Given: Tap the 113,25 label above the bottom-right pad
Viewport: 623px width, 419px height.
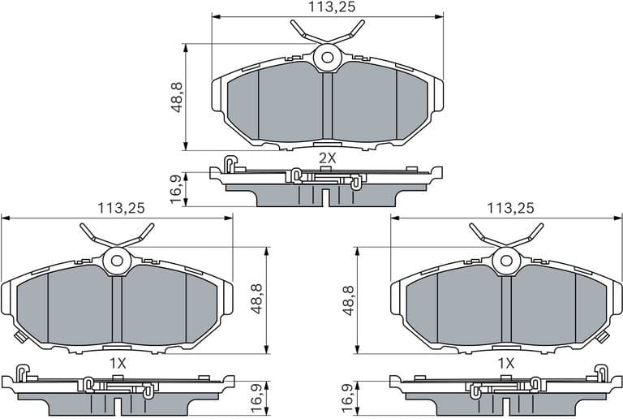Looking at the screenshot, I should coord(510,208).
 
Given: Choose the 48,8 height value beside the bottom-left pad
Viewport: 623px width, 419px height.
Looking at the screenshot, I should coord(256,298).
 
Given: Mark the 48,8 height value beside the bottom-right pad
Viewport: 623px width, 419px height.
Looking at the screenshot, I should coord(349,298).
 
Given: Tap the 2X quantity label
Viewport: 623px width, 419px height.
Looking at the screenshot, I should coord(327,158).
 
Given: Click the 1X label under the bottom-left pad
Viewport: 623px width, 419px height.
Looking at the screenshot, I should coord(117,363).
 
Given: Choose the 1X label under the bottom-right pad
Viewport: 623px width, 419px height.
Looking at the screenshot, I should coord(506,363).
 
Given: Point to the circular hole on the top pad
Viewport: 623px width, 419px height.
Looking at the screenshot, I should coord(328,58).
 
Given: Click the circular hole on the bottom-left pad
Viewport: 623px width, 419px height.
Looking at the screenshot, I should coord(117,261).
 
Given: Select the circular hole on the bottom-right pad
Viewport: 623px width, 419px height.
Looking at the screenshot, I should coord(506,261).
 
